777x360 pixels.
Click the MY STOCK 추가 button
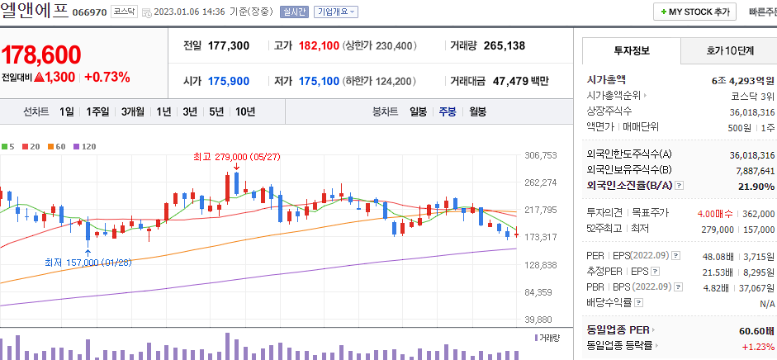tap(697, 12)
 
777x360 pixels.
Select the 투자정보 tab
tap(632, 50)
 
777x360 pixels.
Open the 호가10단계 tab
tap(730, 50)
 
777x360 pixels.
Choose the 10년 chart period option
tap(244, 111)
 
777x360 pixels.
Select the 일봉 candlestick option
tap(418, 111)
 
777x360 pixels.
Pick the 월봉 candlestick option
tap(477, 111)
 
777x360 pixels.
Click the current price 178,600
tap(41, 54)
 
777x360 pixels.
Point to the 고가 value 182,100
tap(319, 45)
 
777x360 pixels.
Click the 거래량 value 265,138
tap(504, 45)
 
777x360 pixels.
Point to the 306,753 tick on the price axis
tap(542, 155)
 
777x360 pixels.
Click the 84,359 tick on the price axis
tap(542, 292)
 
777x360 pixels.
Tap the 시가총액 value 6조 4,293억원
tap(742, 80)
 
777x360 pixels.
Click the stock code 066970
tap(89, 12)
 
